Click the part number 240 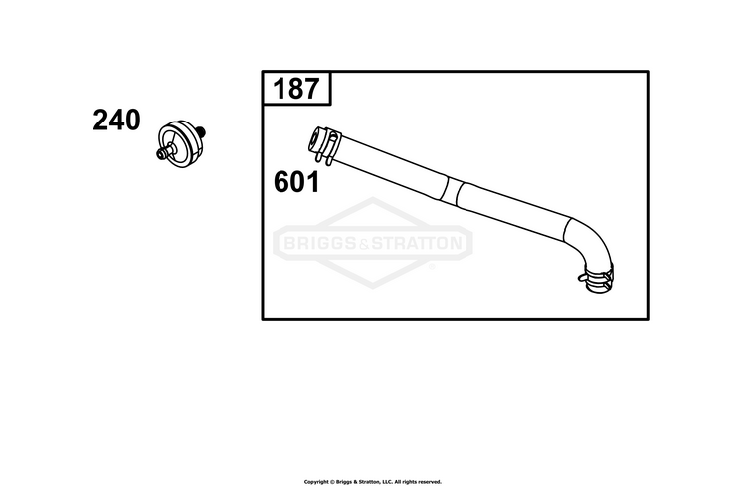[x=116, y=121]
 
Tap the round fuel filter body [x=180, y=144]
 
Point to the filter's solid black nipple [x=200, y=130]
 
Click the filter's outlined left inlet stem [x=164, y=152]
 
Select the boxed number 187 [x=296, y=89]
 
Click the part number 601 [x=296, y=182]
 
